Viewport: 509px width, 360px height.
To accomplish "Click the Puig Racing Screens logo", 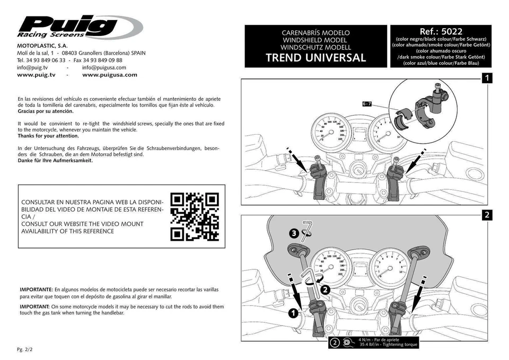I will [80, 27].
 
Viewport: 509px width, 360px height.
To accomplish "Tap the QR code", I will [195, 217].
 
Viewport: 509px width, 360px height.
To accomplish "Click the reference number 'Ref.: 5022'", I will [441, 32].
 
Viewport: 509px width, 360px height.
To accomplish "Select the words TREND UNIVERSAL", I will [315, 58].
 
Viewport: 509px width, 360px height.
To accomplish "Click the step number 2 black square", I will [487, 215].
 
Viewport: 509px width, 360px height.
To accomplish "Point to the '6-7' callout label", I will [367, 104].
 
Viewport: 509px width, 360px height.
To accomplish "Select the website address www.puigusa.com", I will [110, 75].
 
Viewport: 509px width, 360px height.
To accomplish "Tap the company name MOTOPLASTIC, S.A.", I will [42, 46].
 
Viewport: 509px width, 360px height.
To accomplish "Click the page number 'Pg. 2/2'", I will [25, 350].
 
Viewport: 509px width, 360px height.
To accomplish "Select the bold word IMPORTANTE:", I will [36, 290].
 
